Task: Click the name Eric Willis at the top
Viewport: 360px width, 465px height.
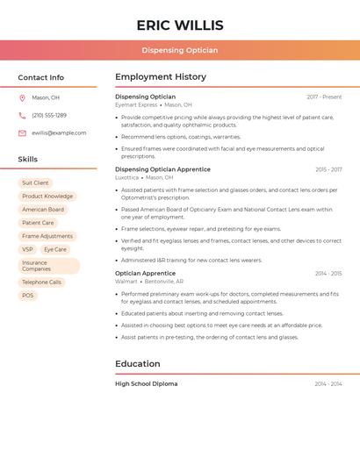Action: point(180,25)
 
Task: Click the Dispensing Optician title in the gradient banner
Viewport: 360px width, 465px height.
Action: point(180,50)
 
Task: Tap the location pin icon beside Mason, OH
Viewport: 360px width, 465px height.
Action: point(22,97)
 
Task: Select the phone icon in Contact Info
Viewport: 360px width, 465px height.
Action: point(22,115)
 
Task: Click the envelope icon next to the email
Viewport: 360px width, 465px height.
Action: point(22,133)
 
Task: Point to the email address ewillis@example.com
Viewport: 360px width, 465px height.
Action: point(59,133)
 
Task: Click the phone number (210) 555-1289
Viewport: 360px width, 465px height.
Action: point(49,115)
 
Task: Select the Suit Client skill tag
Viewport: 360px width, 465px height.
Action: point(35,183)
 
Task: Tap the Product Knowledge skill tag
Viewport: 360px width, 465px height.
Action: point(47,197)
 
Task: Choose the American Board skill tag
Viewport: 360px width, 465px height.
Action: point(43,210)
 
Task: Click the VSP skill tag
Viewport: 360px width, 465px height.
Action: point(27,249)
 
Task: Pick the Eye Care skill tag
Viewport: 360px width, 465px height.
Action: point(55,249)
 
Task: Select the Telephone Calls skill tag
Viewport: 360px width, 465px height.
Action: point(41,283)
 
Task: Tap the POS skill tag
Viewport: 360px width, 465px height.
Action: point(28,296)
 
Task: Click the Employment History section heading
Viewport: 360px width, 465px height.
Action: point(161,77)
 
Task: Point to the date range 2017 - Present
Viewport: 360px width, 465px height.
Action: point(324,97)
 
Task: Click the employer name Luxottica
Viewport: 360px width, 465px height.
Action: point(126,177)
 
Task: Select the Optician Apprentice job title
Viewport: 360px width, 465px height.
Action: point(145,273)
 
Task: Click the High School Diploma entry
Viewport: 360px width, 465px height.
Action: point(146,383)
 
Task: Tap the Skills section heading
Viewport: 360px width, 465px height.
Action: point(28,159)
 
